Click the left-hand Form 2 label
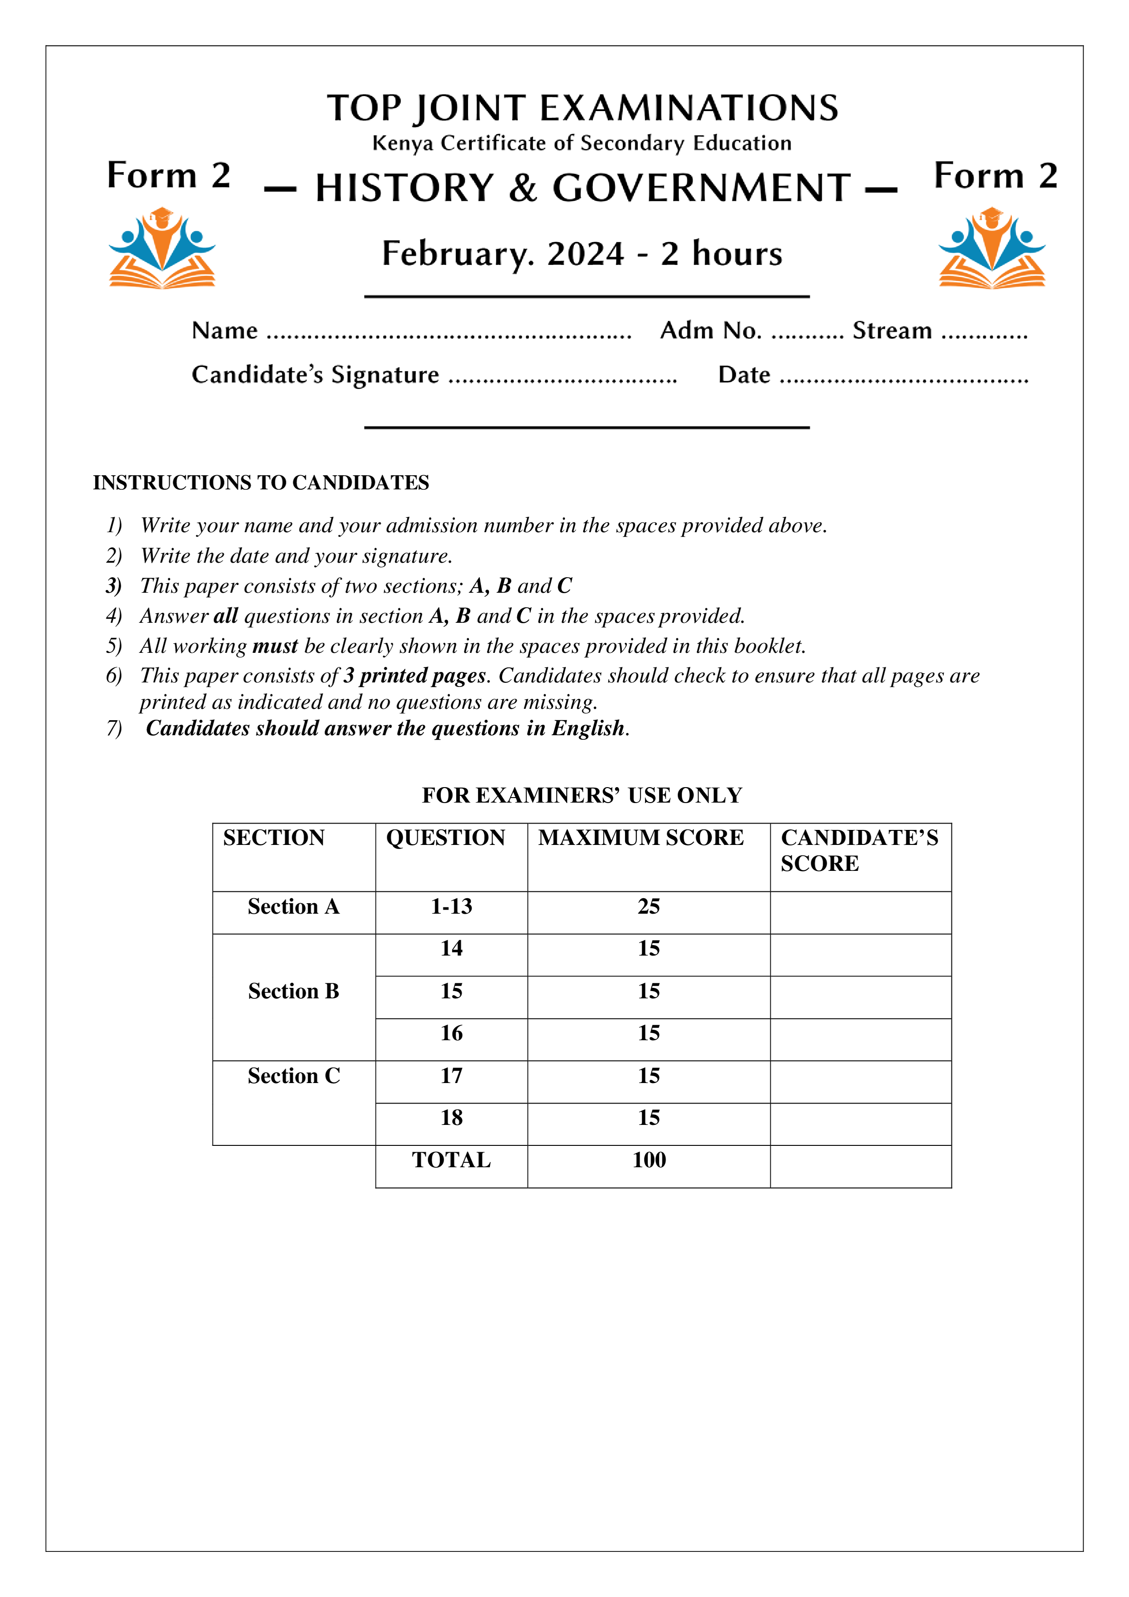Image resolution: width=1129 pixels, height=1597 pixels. (168, 175)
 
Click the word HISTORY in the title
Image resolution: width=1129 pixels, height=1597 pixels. (404, 188)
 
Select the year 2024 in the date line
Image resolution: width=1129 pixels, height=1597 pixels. (586, 254)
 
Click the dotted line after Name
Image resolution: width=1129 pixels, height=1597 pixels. (449, 334)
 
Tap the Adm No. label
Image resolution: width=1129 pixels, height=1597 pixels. (711, 331)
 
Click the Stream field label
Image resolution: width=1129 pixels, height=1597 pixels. (892, 331)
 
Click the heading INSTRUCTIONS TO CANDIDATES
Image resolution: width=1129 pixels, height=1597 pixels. (261, 483)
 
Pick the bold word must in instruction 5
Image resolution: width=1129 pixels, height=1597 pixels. (275, 646)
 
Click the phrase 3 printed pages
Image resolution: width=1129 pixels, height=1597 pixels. (415, 676)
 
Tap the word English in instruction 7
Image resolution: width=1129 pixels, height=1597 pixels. (588, 728)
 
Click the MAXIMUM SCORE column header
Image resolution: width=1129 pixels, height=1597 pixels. (641, 838)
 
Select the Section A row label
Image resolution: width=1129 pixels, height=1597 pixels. (294, 906)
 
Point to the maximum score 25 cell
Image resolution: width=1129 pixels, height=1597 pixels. (648, 906)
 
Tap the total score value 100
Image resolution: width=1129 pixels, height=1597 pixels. (648, 1160)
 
